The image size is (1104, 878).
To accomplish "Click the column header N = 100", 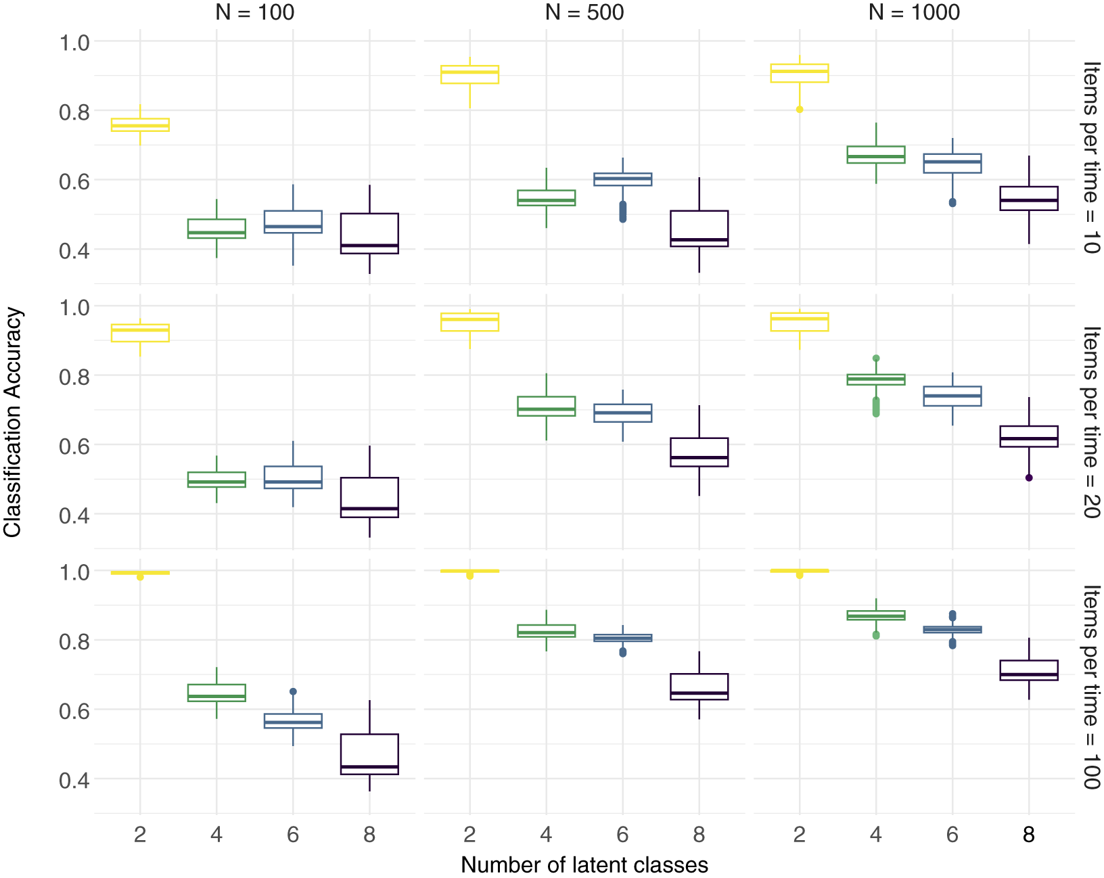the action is (x=254, y=11).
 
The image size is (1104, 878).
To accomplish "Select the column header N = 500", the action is (x=584, y=11).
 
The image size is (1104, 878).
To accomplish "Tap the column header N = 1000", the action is (x=914, y=11).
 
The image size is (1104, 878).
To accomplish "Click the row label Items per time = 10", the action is (x=1090, y=157).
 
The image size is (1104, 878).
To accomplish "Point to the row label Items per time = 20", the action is (x=1090, y=422).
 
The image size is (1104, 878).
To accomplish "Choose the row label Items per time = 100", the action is (x=1090, y=687).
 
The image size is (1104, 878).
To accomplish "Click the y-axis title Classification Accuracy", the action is (x=11, y=422).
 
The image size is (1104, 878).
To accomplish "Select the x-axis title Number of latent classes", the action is (x=584, y=864).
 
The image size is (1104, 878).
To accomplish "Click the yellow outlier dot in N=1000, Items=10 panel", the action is (x=799, y=110).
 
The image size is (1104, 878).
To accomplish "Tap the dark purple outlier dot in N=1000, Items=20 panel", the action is (x=1028, y=478).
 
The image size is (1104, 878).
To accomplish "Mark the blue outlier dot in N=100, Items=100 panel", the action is (x=293, y=691).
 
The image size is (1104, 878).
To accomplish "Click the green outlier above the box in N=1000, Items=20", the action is (x=875, y=359).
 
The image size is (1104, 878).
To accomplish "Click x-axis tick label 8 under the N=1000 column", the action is (x=1028, y=835).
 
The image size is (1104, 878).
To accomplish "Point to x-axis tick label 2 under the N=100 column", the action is (x=140, y=835).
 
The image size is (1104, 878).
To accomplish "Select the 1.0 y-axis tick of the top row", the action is (x=74, y=43).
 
